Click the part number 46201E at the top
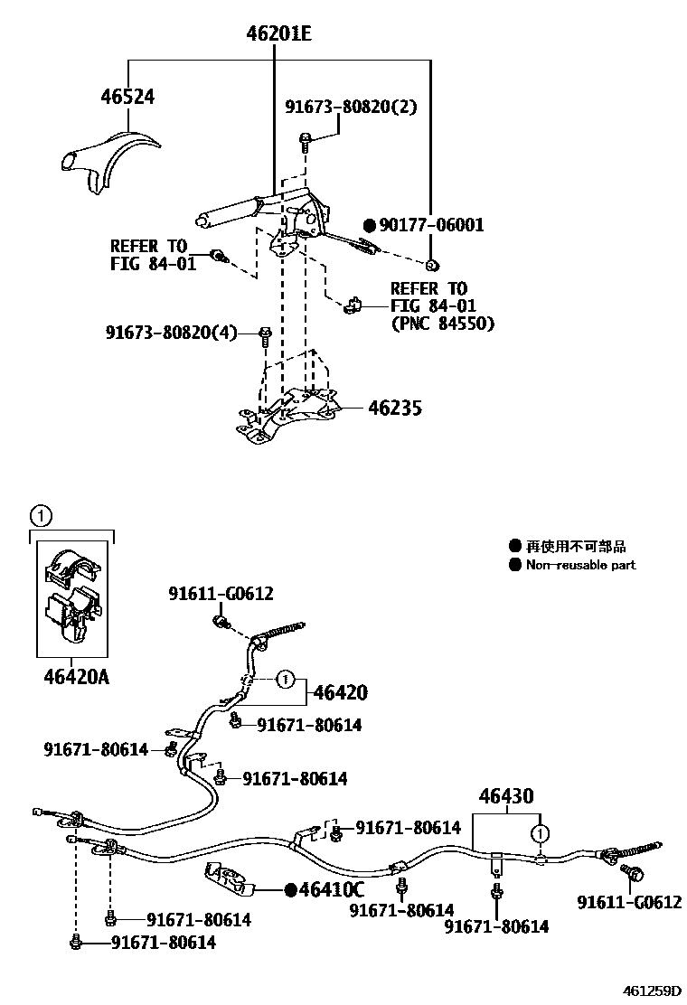pos(279,35)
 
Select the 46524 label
pos(127,97)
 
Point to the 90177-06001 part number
pos(431,225)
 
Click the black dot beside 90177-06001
pos(369,225)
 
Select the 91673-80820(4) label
pos(171,333)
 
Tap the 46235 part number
pos(395,409)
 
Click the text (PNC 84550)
pos(443,323)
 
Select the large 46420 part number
pos(340,693)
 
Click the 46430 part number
pos(506,796)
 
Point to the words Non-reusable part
pos(580,565)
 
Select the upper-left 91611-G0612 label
pos(221,594)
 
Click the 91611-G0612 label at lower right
pos(630,902)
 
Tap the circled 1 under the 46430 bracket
pos(539,833)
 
